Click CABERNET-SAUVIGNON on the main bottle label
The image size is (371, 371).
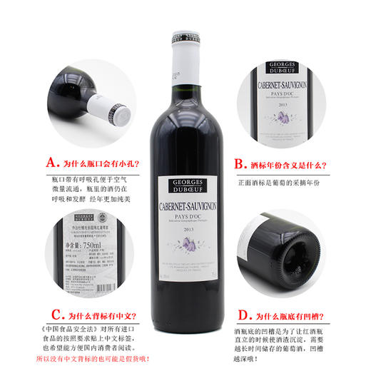tap(186, 208)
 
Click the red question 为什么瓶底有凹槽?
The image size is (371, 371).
tap(288, 313)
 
